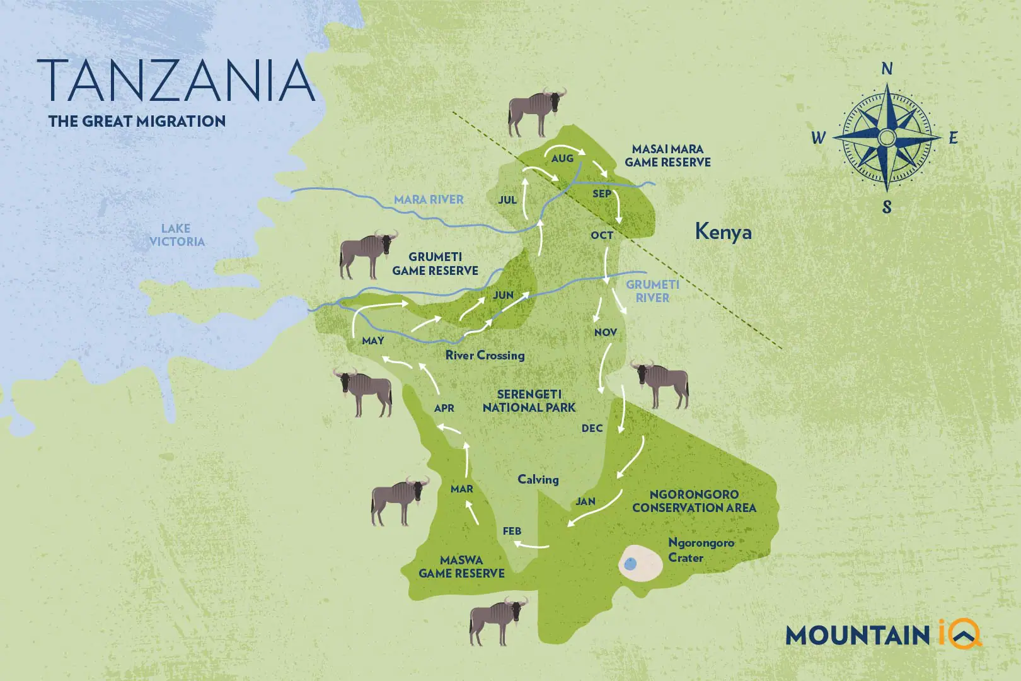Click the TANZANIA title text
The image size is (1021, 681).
pyautogui.click(x=176, y=81)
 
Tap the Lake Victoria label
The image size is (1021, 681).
pyautogui.click(x=176, y=235)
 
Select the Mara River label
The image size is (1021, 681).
pyautogui.click(x=429, y=200)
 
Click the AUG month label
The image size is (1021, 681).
pyautogui.click(x=562, y=159)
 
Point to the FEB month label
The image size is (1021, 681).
pyautogui.click(x=512, y=532)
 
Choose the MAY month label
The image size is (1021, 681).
pyautogui.click(x=373, y=341)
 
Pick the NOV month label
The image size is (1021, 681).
pyautogui.click(x=605, y=332)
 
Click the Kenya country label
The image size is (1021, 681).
pyautogui.click(x=723, y=232)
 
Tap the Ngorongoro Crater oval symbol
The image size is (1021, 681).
pyautogui.click(x=640, y=563)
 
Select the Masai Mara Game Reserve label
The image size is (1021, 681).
pyautogui.click(x=667, y=156)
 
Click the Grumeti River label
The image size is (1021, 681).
pyautogui.click(x=652, y=291)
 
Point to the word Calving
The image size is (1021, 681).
pyautogui.click(x=538, y=480)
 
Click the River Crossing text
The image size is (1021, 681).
pyautogui.click(x=485, y=356)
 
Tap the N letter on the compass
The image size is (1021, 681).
pyautogui.click(x=887, y=69)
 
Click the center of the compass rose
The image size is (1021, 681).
pyautogui.click(x=887, y=137)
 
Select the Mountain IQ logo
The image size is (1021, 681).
pyautogui.click(x=883, y=634)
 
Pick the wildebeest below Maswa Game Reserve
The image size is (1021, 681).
pyautogui.click(x=497, y=620)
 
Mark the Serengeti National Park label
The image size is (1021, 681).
pyautogui.click(x=529, y=401)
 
